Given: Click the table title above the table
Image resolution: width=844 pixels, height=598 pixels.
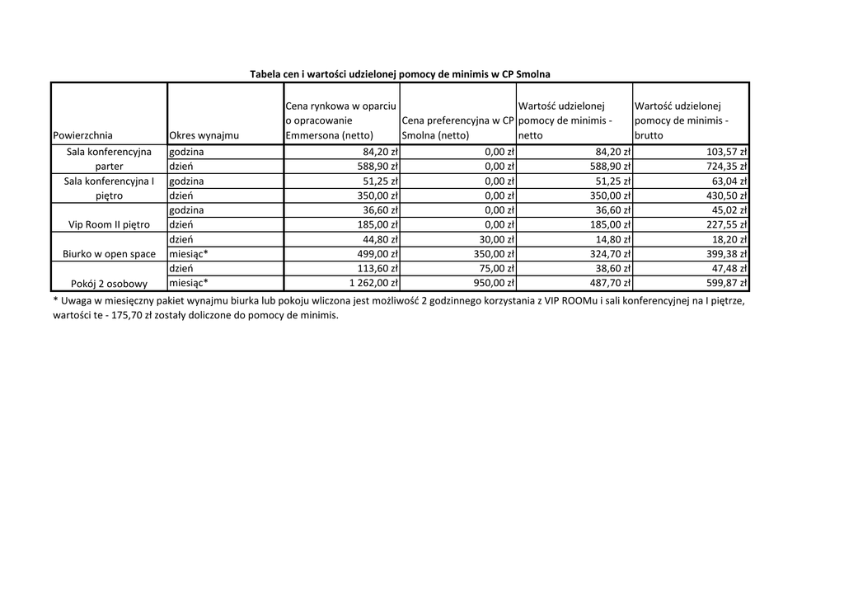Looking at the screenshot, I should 400,74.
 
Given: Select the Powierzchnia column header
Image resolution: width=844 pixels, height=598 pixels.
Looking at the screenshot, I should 82,135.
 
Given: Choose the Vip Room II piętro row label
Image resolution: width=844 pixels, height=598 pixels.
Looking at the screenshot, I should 109,225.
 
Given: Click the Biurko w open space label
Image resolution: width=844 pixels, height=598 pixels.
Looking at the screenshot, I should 109,254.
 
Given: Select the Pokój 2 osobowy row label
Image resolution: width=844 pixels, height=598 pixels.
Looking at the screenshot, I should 109,284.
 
